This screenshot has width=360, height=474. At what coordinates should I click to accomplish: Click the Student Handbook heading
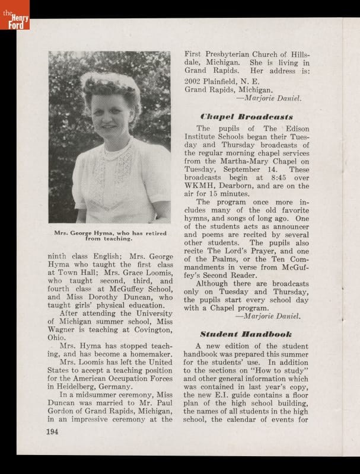pos(246,334)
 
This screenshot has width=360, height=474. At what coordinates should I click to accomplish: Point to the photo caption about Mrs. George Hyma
pos(109,236)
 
